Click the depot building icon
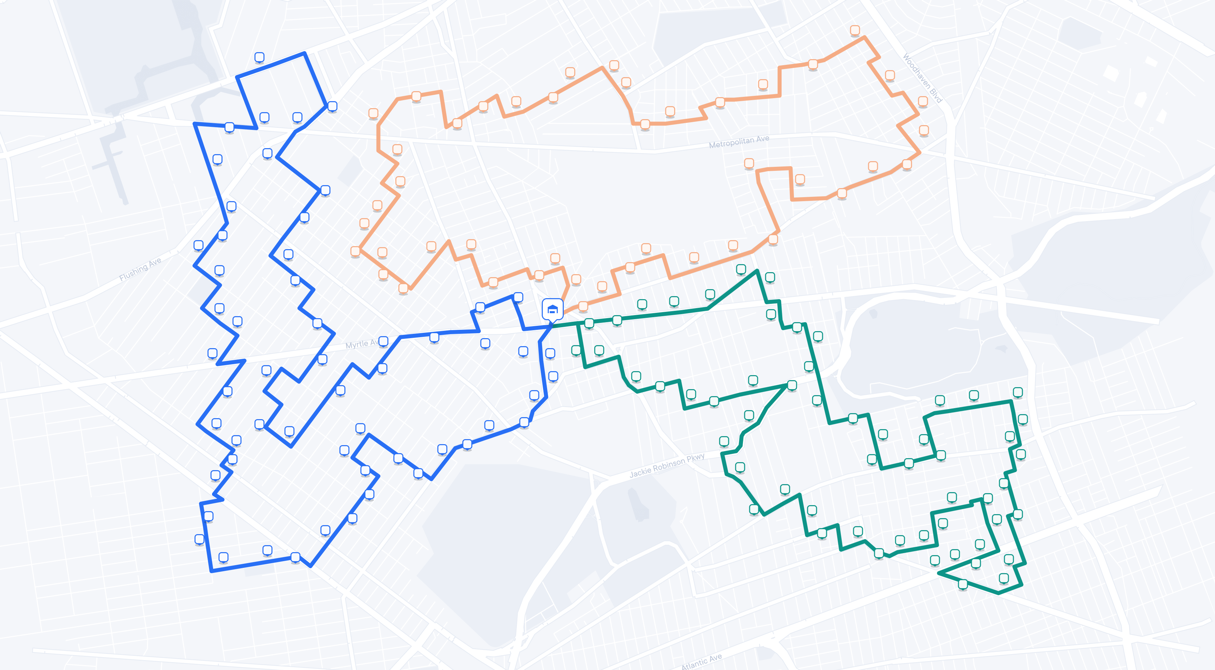point(552,310)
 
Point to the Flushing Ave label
point(140,269)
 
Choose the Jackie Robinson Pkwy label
point(667,465)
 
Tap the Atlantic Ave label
point(701,661)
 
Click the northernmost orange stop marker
point(855,30)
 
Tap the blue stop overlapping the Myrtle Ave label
point(383,341)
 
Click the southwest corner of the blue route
point(211,571)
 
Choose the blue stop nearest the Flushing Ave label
point(199,245)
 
